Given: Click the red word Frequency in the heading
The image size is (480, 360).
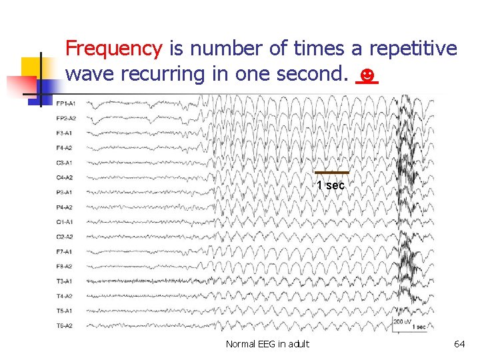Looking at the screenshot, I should [114, 49].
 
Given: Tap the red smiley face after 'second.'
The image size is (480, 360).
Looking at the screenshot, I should [366, 73].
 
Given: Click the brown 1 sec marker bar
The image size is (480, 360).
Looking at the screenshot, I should [331, 173].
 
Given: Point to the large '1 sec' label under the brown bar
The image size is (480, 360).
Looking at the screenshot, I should [331, 185].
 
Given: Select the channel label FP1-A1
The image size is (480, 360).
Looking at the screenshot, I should [65, 103].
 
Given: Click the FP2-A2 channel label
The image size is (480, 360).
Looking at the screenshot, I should [65, 118].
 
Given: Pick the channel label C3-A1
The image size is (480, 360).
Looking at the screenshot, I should [65, 163].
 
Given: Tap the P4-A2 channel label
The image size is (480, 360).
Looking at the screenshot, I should [65, 207].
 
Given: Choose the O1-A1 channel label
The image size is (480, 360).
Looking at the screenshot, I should [65, 222].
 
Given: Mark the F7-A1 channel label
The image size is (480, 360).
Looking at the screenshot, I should [65, 251].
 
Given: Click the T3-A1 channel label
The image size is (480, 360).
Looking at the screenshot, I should [65, 281].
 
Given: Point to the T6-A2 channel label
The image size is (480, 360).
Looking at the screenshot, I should [65, 325].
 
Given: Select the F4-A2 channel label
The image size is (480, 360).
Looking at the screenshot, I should [65, 148].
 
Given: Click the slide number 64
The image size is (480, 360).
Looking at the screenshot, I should [459, 344].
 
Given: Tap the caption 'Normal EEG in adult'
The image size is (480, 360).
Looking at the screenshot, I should [267, 344].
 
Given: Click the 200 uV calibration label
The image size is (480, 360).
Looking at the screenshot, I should [403, 322].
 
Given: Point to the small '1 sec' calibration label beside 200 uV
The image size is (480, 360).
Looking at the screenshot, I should [419, 327].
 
